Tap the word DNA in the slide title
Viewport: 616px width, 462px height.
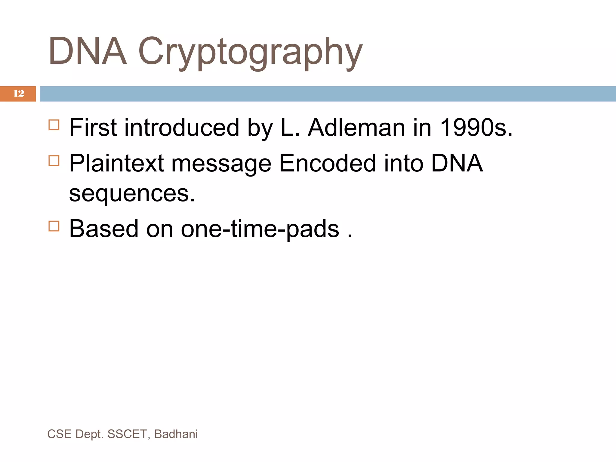[x=87, y=51]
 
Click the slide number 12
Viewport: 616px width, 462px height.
[x=19, y=94]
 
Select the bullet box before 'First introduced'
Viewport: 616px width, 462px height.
[x=54, y=125]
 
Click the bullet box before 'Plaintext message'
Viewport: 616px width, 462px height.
[x=54, y=161]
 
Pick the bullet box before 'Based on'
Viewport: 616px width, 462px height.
[x=54, y=226]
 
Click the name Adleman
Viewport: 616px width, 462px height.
[x=356, y=128]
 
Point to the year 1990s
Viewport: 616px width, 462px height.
[x=476, y=128]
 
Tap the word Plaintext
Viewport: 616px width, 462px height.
[x=116, y=163]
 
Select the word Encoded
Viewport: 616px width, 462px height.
[x=327, y=163]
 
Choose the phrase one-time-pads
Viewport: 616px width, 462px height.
[x=260, y=229]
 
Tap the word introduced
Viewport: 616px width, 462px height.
[x=182, y=128]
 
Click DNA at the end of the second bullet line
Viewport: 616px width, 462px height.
[x=457, y=163]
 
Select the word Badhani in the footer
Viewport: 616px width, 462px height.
[x=176, y=434]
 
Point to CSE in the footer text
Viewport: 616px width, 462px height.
[x=59, y=434]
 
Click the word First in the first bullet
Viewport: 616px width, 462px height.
[x=93, y=128]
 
